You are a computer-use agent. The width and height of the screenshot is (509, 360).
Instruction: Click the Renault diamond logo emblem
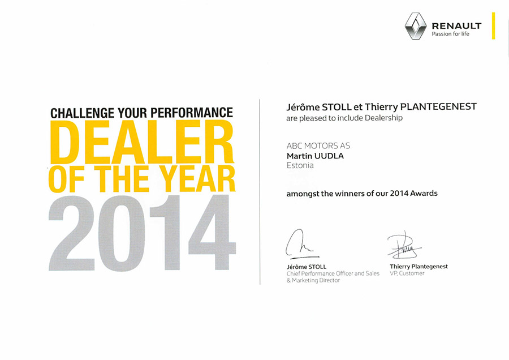pyautogui.click(x=416, y=26)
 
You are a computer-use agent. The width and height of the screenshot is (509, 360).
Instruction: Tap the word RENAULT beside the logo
pyautogui.click(x=456, y=25)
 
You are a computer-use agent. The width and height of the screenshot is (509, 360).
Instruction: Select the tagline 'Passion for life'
pyautogui.click(x=450, y=34)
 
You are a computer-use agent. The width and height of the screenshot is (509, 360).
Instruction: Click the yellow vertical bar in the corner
pyautogui.click(x=493, y=25)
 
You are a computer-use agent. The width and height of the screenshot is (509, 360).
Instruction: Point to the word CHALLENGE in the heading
pyautogui.click(x=83, y=113)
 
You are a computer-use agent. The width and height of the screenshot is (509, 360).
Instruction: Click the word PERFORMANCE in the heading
pyautogui.click(x=192, y=112)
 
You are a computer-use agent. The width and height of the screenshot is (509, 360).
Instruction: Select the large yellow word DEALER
pyautogui.click(x=142, y=142)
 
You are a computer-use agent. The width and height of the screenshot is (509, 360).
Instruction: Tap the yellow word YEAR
pyautogui.click(x=199, y=179)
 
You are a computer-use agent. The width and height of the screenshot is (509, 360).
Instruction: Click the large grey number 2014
pyautogui.click(x=142, y=233)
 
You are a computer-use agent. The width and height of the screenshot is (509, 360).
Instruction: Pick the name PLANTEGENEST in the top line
pyautogui.click(x=438, y=106)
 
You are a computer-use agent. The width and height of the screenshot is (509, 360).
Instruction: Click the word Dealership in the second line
pyautogui.click(x=383, y=118)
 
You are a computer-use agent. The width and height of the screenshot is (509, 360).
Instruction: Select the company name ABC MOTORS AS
pyautogui.click(x=318, y=145)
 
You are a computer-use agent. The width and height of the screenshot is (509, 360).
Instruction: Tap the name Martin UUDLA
pyautogui.click(x=315, y=156)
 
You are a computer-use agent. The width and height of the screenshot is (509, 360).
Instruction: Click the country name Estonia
pyautogui.click(x=300, y=165)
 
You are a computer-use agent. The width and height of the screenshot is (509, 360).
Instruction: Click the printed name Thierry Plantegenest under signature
pyautogui.click(x=419, y=267)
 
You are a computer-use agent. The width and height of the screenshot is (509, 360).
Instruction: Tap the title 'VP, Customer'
pyautogui.click(x=407, y=273)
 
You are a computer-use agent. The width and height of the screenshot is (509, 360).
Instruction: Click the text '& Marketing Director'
pyautogui.click(x=313, y=280)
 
